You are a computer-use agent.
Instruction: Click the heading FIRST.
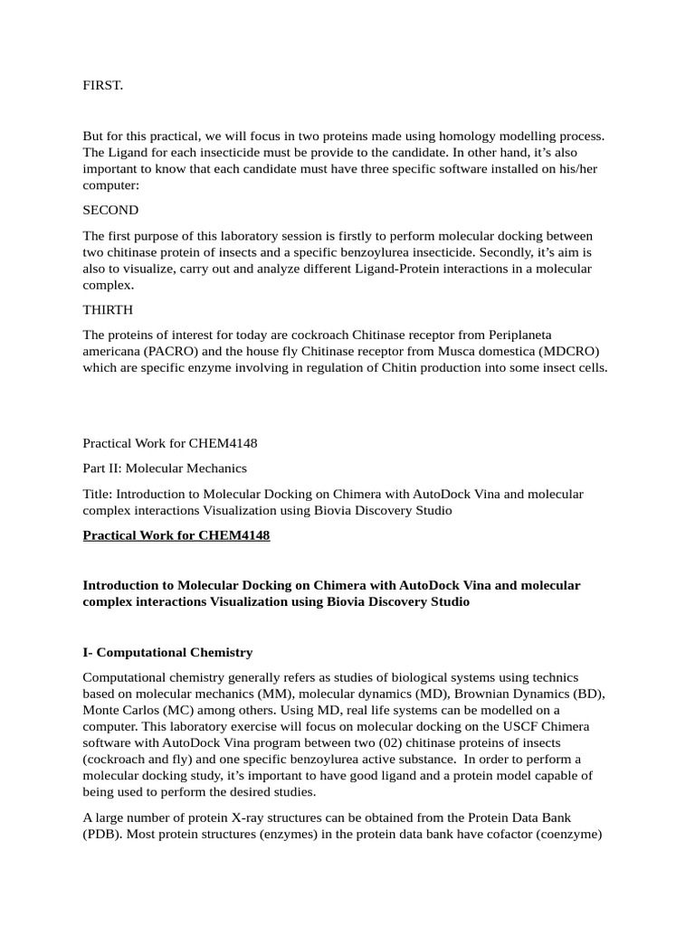point(102,86)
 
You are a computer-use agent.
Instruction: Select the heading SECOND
point(110,210)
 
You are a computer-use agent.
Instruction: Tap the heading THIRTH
point(109,309)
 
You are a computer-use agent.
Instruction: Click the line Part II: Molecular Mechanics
point(165,468)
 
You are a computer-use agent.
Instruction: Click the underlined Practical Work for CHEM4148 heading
point(176,535)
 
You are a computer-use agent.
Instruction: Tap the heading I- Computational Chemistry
point(167,652)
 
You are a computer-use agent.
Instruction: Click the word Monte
point(100,710)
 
